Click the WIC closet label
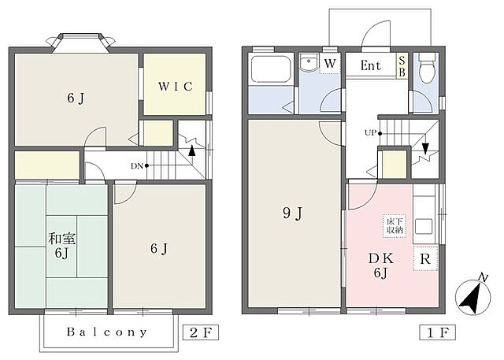click(175, 86)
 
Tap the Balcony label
click(107, 332)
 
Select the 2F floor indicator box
click(201, 332)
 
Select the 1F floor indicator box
click(438, 332)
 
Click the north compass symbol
click(473, 295)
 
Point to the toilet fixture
click(427, 68)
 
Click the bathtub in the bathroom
click(271, 69)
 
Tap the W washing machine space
click(330, 63)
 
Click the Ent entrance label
click(371, 65)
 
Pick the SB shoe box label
click(402, 66)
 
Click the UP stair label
click(371, 132)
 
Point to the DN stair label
click(137, 166)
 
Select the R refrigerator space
click(425, 258)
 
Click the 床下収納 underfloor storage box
click(395, 226)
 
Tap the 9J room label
click(292, 213)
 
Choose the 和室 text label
click(62, 239)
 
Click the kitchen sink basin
click(424, 227)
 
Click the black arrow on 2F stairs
click(192, 150)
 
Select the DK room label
click(381, 258)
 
